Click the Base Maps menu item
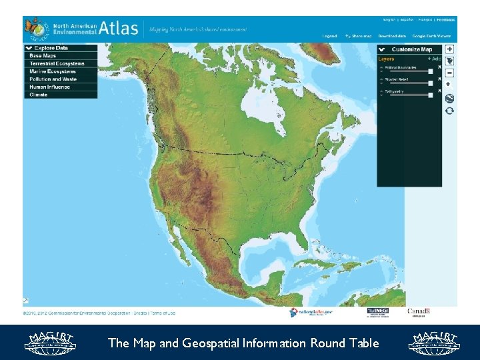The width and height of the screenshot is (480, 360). tap(43, 56)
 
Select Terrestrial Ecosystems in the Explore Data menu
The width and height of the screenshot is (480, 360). tap(57, 64)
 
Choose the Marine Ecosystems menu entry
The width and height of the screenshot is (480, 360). tap(53, 71)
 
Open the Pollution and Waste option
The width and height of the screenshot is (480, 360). tap(53, 79)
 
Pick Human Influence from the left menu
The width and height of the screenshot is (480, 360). tap(49, 87)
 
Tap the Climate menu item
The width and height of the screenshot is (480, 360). tap(39, 95)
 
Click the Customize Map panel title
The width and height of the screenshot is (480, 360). tap(411, 49)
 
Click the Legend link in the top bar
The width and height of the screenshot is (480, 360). tap(329, 36)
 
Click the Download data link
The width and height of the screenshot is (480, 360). tap(392, 36)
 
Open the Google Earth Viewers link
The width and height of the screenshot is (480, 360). tap(431, 36)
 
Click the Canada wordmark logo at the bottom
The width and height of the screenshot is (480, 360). tap(419, 311)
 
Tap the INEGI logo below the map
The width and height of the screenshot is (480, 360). tap(377, 312)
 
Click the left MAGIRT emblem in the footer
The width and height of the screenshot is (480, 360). tap(51, 342)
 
